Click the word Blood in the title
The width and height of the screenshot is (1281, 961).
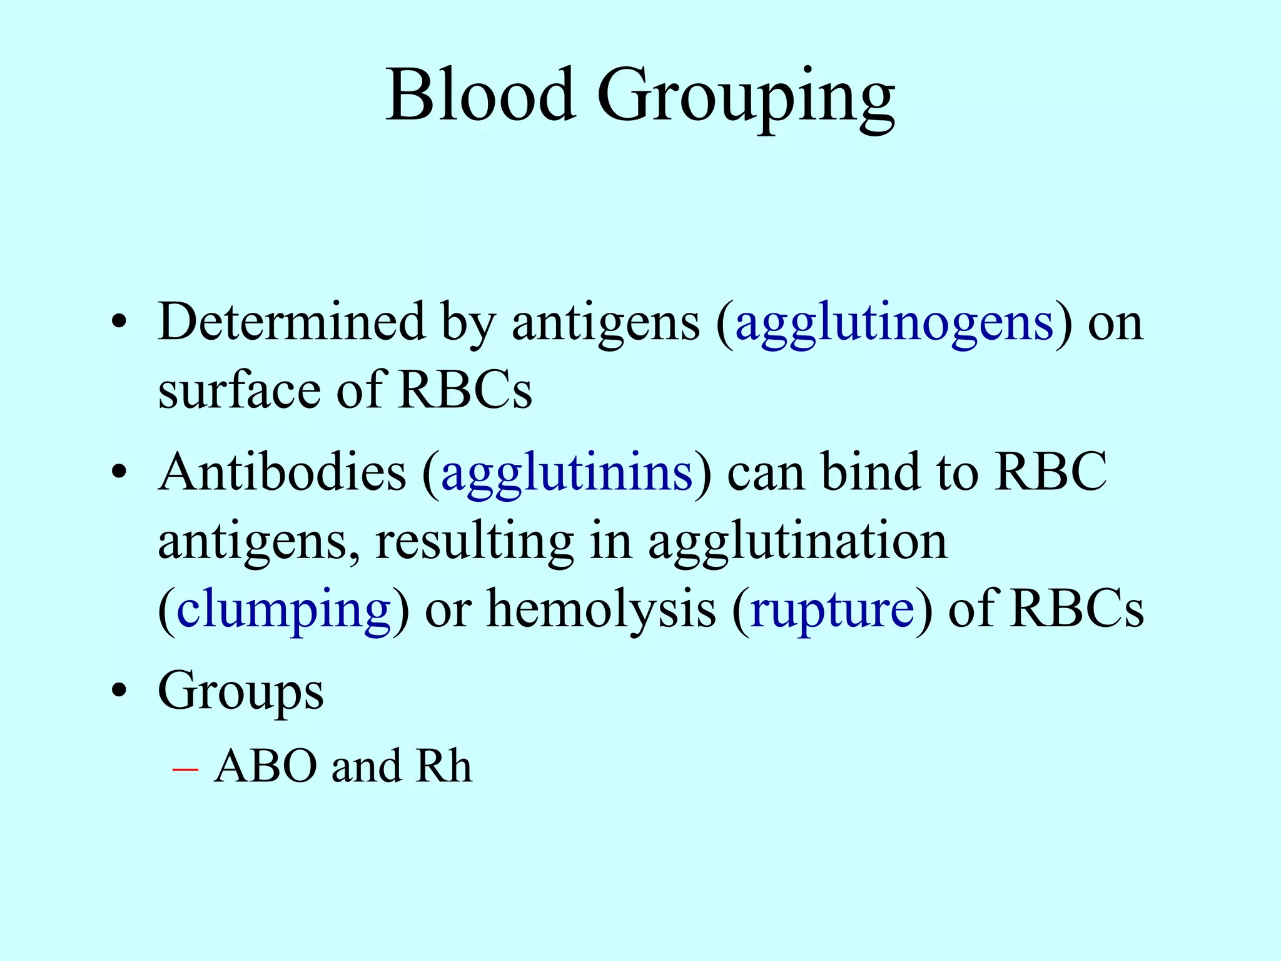480,95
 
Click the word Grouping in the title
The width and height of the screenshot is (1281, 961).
746,99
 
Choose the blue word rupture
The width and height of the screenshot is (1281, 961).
832,611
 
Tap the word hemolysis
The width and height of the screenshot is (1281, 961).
601,611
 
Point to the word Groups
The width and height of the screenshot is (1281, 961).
241,692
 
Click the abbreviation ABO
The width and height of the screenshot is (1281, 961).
265,766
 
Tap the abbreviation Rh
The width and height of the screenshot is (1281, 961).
443,766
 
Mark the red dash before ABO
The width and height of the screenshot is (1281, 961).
185,769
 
